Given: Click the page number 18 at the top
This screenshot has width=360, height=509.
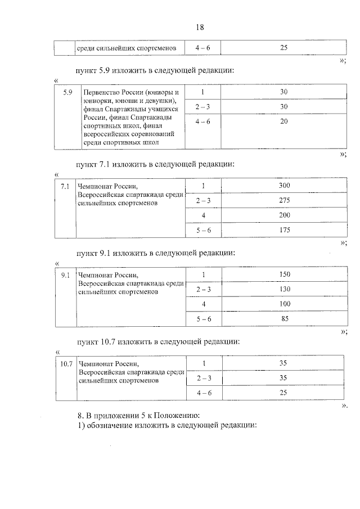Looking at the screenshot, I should point(200,28).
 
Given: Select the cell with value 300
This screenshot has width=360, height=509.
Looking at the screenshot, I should point(284,186).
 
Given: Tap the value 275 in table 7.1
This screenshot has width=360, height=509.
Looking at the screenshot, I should point(284,200).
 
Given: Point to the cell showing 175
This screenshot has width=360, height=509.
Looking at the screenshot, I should point(284,230).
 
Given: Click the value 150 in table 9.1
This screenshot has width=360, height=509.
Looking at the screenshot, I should point(284,274).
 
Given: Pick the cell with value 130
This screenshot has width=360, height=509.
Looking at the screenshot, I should point(284,289).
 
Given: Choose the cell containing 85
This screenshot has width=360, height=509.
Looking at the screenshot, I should point(284,319).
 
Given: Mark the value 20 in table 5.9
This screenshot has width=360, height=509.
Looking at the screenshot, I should point(284,121).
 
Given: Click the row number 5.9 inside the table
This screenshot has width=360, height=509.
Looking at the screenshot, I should point(68,92).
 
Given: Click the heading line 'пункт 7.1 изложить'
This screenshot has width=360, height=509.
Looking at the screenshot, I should point(155,165).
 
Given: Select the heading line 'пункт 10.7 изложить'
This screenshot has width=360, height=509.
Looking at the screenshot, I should point(159,341).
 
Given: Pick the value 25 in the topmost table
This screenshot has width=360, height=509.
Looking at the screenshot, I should point(283,48).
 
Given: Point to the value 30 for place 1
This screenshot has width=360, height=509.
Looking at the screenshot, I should point(284,92).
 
